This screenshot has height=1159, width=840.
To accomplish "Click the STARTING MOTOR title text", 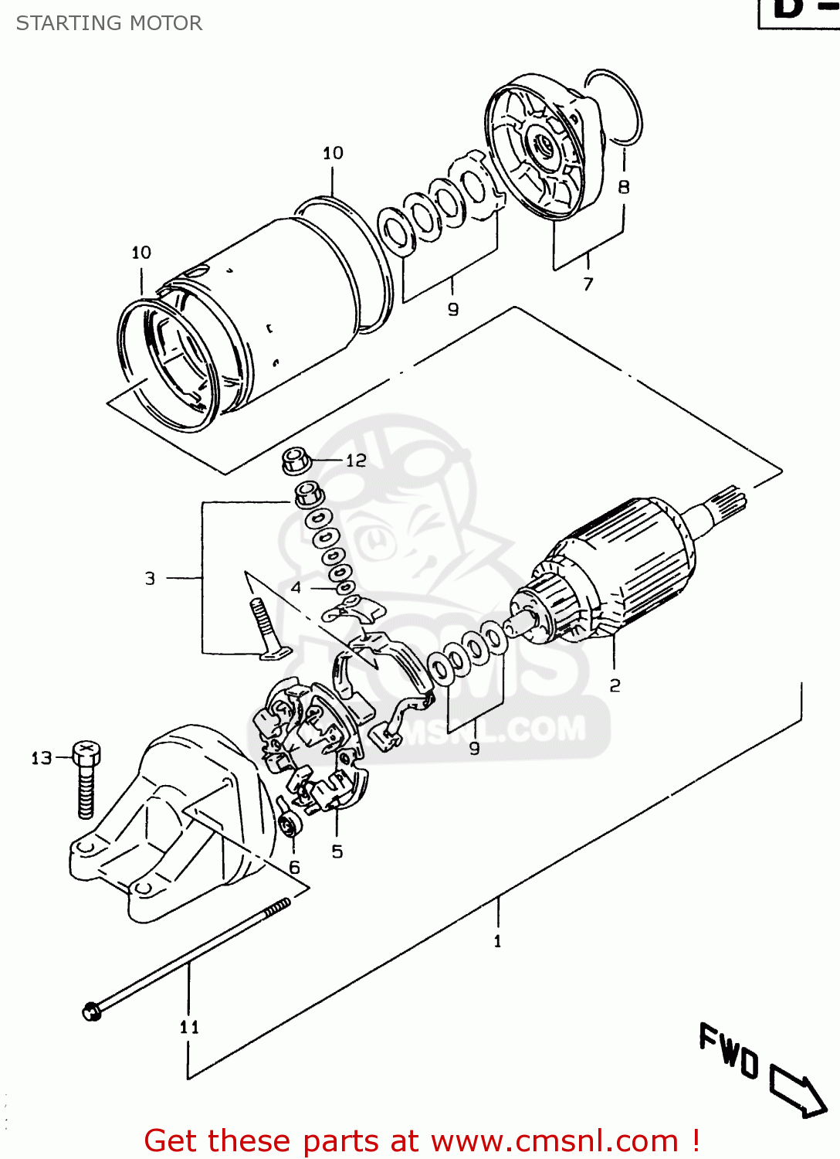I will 109,23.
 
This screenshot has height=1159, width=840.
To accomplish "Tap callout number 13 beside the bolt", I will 41,758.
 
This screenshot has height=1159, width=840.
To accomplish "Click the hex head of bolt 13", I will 86,751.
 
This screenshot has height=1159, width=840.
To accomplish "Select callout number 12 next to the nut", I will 356,461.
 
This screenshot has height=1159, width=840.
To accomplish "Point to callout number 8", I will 624,187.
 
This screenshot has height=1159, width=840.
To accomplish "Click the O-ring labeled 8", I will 614,107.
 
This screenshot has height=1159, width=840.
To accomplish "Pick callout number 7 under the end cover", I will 588,284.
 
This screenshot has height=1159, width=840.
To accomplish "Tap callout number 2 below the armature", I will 615,685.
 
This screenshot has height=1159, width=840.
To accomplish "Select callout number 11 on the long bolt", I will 189,1027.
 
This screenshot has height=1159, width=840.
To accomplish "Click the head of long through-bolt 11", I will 92,1010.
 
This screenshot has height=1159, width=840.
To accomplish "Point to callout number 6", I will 294,868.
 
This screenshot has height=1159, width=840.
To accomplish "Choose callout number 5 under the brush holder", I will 337,851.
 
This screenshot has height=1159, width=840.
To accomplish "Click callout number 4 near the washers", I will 296,588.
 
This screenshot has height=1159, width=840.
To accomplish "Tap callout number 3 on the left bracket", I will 150,578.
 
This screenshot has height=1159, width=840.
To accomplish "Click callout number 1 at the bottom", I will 497,941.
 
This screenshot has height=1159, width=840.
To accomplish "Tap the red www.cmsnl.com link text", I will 554,1140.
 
